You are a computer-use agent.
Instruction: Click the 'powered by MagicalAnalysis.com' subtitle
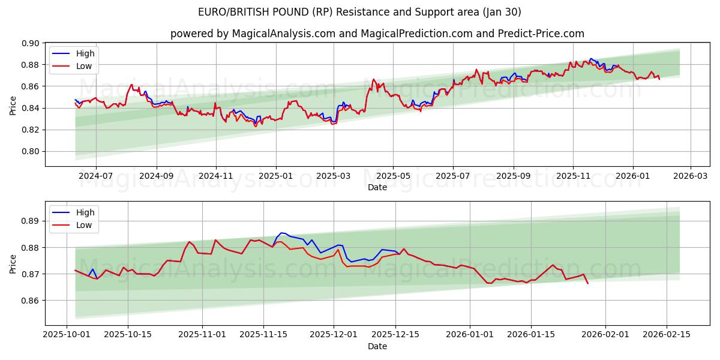pos(377,34)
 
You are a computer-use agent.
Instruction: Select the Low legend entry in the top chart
pos(84,66)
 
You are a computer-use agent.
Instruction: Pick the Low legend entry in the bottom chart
pos(84,225)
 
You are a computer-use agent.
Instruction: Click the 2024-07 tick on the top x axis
pos(96,176)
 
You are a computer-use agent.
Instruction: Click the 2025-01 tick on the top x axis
pos(276,176)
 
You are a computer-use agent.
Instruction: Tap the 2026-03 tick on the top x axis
pos(690,176)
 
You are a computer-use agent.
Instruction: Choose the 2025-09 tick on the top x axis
pos(514,176)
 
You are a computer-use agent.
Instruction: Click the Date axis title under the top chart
pos(377,187)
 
